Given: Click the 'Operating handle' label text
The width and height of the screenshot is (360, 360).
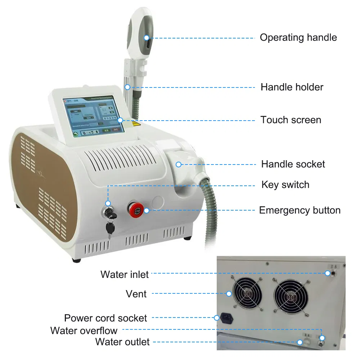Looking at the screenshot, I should (298, 37).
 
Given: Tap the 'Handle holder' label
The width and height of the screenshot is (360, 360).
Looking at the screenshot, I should (292, 87).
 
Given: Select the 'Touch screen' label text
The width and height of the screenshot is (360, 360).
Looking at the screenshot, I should (291, 120).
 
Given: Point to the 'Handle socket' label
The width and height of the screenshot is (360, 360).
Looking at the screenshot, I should (293, 165).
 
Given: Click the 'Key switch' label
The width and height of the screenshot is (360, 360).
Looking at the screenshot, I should (285, 185).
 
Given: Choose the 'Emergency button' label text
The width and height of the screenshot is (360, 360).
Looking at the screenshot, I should (300, 210).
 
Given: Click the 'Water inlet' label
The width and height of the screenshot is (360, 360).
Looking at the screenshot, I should (125, 274).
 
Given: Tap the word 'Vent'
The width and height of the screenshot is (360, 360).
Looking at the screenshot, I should (136, 294).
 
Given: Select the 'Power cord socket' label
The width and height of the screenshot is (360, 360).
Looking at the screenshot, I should (105, 318).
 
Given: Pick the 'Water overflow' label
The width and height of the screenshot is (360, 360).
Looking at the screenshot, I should (84, 330).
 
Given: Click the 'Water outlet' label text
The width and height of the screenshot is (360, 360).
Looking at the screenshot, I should (122, 342).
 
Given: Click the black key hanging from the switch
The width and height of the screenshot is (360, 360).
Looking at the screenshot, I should (109, 226).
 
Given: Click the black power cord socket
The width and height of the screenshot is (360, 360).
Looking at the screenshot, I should (227, 318).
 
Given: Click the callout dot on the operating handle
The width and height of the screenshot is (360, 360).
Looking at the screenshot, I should (147, 37).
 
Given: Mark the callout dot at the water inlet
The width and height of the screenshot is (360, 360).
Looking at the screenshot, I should (327, 273).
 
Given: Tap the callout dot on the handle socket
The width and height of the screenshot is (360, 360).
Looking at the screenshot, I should (178, 165).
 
